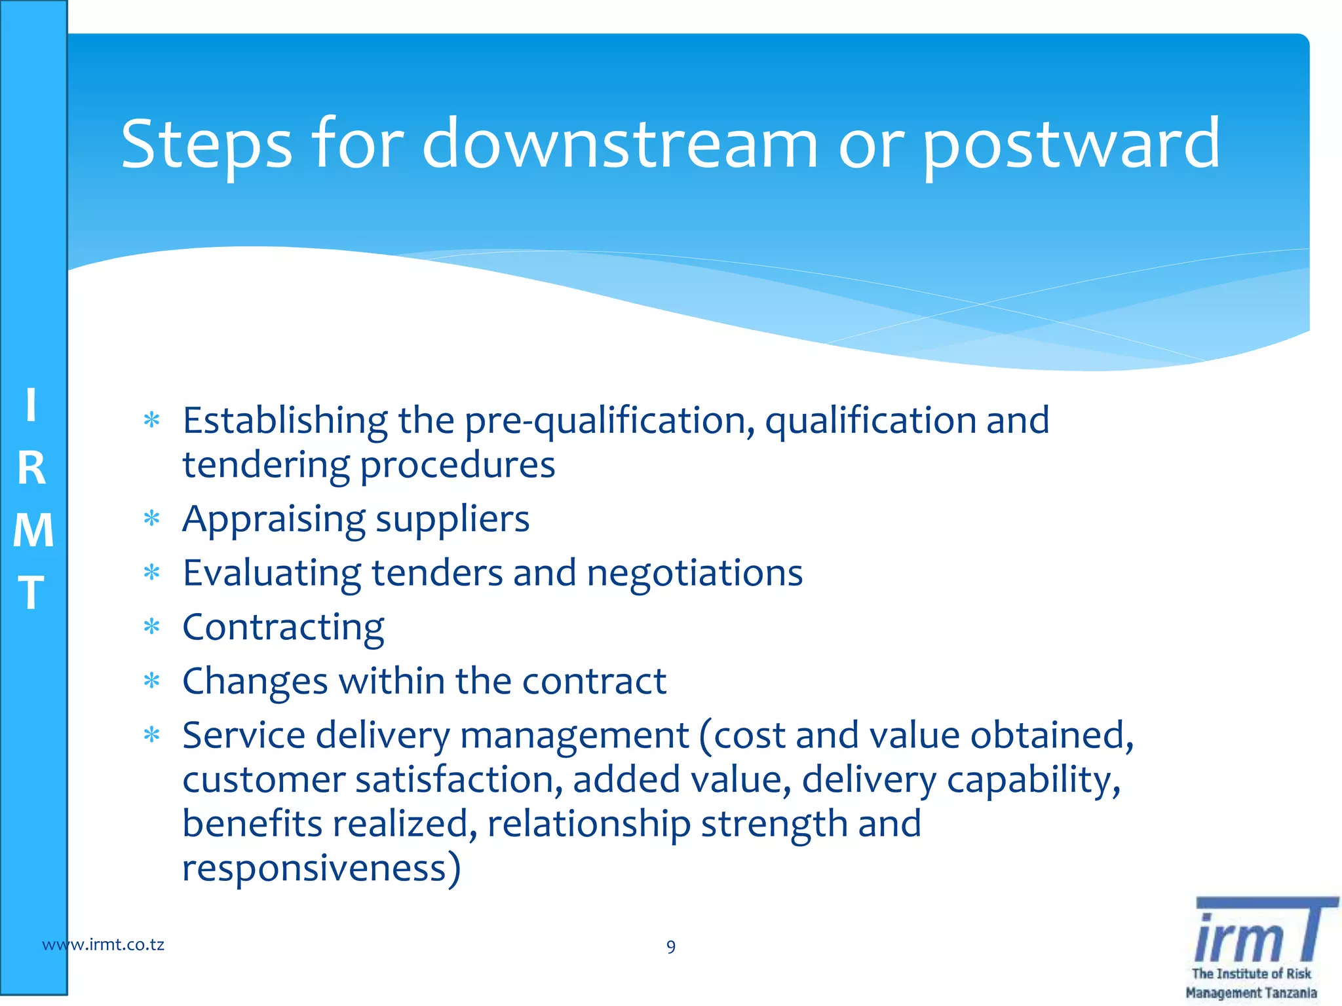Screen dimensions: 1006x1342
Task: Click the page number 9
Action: (670, 947)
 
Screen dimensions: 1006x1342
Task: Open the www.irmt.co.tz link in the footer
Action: (103, 944)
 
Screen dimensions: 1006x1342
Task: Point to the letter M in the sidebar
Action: (33, 530)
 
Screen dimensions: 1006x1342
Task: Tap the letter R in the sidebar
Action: (31, 469)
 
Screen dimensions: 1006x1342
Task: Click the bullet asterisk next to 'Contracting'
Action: (151, 627)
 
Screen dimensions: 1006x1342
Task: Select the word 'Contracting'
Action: (283, 627)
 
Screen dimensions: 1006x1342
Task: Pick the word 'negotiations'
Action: (694, 573)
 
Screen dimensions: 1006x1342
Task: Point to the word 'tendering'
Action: (266, 465)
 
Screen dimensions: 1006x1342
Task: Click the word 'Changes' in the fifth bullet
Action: (255, 682)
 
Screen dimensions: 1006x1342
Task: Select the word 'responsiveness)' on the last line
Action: (321, 868)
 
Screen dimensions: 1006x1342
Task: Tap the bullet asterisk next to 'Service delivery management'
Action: (151, 735)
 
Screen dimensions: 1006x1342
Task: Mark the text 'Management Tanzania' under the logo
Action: (1250, 993)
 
